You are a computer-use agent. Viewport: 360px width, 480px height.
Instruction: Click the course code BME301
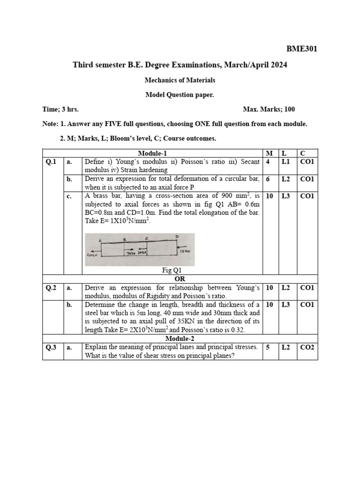coord(301,48)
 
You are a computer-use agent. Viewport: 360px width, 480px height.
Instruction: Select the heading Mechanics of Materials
coord(180,80)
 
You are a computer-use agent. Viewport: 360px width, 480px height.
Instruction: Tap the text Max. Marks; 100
coord(269,109)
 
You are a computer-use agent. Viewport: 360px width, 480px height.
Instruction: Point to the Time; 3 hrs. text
coord(60,109)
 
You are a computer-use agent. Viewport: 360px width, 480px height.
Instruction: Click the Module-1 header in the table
coord(152,153)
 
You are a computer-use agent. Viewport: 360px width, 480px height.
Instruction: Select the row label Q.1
coord(51,162)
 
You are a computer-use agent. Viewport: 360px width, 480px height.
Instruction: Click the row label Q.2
coord(51,288)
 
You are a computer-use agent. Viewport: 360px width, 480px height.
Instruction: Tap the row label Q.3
coord(51,347)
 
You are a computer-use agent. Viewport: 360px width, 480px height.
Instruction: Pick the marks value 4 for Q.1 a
coord(268,162)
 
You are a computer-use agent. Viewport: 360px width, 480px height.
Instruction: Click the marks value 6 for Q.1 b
coord(268,179)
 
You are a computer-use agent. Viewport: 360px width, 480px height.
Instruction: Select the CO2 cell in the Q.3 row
coord(307,347)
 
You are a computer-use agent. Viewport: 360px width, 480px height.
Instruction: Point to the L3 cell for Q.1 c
coord(285,196)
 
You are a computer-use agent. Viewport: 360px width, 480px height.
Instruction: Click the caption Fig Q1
coord(172,270)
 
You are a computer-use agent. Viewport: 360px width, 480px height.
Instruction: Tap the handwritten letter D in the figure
coord(177,237)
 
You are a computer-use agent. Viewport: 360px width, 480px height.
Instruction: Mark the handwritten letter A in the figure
coord(101,240)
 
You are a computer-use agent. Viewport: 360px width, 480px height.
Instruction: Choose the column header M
coord(269,153)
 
